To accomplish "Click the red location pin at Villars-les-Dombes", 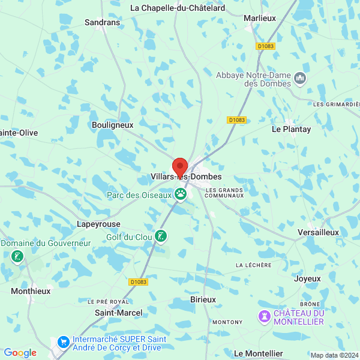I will (179, 167).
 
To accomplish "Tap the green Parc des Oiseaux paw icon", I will (180, 194).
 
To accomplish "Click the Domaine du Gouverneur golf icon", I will (16, 257).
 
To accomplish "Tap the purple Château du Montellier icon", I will (264, 316).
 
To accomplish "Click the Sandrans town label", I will (103, 22).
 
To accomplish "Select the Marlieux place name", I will (260, 19).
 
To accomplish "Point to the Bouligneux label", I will (112, 125).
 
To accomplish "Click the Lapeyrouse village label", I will (98, 224).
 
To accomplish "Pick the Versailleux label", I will (318, 232).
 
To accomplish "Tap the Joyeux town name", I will (307, 278).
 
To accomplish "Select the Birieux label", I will (202, 299).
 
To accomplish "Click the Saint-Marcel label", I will (119, 313).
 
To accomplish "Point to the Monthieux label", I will (31, 290).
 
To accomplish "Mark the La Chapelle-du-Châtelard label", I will (178, 8).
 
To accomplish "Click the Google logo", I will (20, 353).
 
